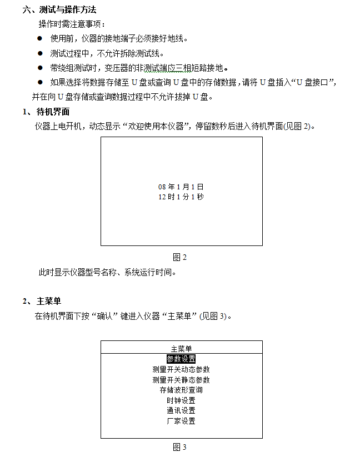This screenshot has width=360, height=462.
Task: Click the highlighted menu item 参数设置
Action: (x=181, y=359)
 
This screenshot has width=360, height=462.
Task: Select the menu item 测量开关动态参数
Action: (x=181, y=369)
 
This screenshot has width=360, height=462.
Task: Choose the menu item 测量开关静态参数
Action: (x=181, y=380)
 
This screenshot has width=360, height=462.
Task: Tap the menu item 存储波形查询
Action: (x=181, y=390)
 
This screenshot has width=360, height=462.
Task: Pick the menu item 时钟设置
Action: (x=181, y=400)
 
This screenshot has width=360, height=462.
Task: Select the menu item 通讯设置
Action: (x=181, y=410)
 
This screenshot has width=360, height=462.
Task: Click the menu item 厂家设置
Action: (x=181, y=421)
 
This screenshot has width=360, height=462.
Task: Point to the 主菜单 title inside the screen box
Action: (x=181, y=348)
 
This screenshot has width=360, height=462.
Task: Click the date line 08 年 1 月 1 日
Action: (x=181, y=187)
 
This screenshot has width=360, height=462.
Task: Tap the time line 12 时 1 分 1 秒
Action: (x=181, y=197)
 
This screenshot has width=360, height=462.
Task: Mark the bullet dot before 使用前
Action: (x=40, y=39)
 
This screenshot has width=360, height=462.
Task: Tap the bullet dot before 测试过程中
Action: (x=40, y=53)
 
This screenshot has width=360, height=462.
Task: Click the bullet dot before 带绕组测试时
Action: (x=40, y=68)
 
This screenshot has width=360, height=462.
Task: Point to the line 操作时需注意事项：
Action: (x=71, y=24)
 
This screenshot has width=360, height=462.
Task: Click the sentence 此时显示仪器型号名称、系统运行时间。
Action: (x=107, y=272)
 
